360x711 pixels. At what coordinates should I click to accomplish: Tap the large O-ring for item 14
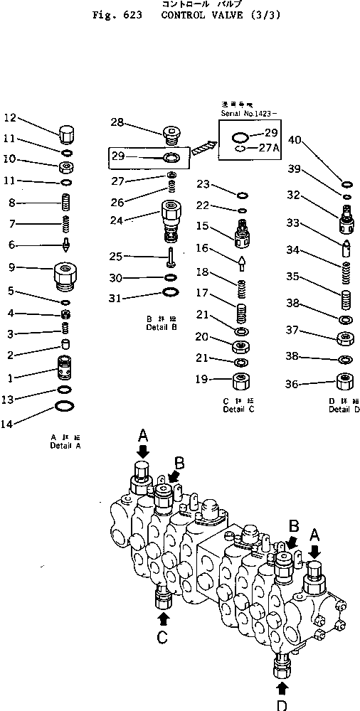(65, 407)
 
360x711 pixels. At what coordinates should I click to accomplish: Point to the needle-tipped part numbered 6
(65, 245)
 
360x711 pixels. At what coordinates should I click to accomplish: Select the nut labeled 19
(241, 378)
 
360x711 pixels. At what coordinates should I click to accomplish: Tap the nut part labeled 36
(345, 383)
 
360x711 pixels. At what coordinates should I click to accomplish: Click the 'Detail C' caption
(238, 410)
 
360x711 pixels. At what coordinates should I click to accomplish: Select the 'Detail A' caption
(65, 446)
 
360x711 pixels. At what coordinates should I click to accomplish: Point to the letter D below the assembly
(282, 705)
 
